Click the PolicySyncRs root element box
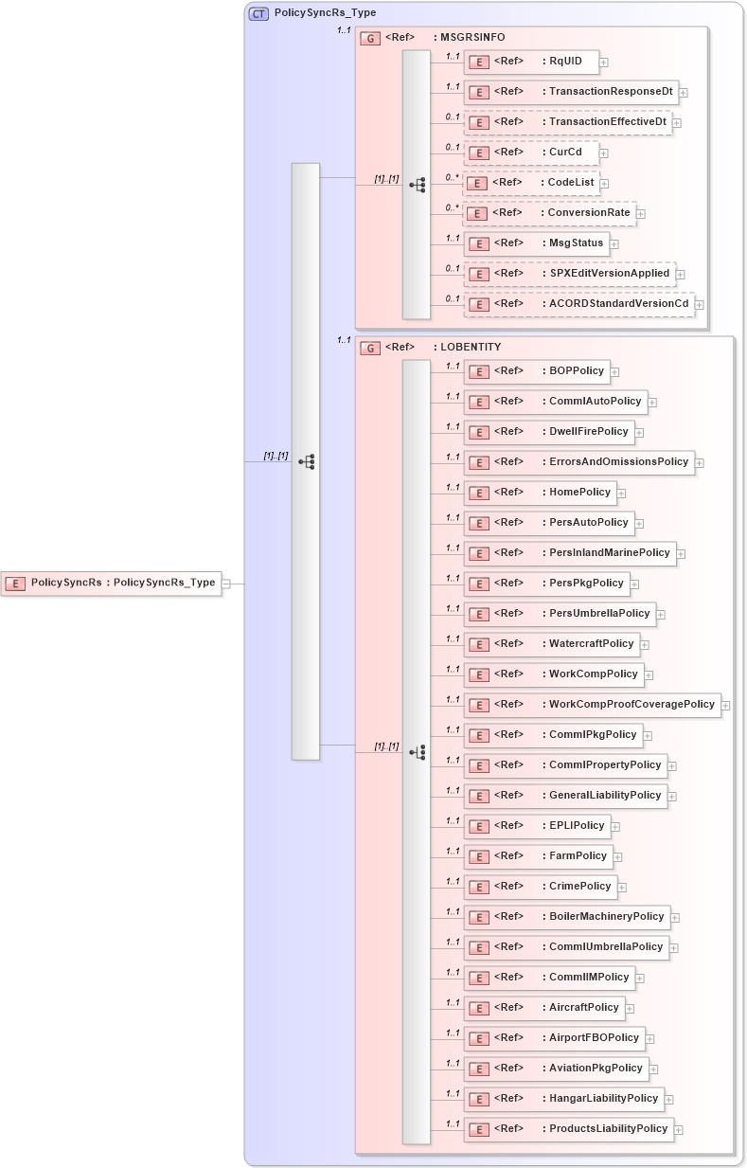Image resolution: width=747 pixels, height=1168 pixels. pos(112,584)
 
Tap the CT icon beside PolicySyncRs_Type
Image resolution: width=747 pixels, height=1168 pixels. pos(258,13)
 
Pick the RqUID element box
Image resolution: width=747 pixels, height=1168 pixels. pos(530,62)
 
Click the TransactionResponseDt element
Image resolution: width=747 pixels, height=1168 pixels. pos(570,92)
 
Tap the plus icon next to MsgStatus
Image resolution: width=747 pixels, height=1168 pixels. pos(614,244)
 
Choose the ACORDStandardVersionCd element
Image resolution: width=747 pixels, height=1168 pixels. pos(578,303)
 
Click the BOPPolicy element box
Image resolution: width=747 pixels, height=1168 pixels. pos(535,371)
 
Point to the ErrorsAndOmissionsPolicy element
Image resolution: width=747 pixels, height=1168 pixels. pos(578,462)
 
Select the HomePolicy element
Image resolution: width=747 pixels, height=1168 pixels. pos(539,493)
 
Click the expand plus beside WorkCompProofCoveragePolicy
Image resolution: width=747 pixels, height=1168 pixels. pos(725,705)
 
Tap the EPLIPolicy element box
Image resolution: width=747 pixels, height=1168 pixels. pos(536,826)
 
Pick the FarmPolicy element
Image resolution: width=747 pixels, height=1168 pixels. pos(537,856)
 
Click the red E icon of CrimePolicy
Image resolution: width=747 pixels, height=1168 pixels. pos(479,887)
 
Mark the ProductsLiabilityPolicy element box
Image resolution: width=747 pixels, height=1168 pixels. pos(568,1129)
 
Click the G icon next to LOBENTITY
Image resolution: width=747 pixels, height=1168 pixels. pos(370,349)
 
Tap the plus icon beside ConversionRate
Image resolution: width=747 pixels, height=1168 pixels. pos(641,214)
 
